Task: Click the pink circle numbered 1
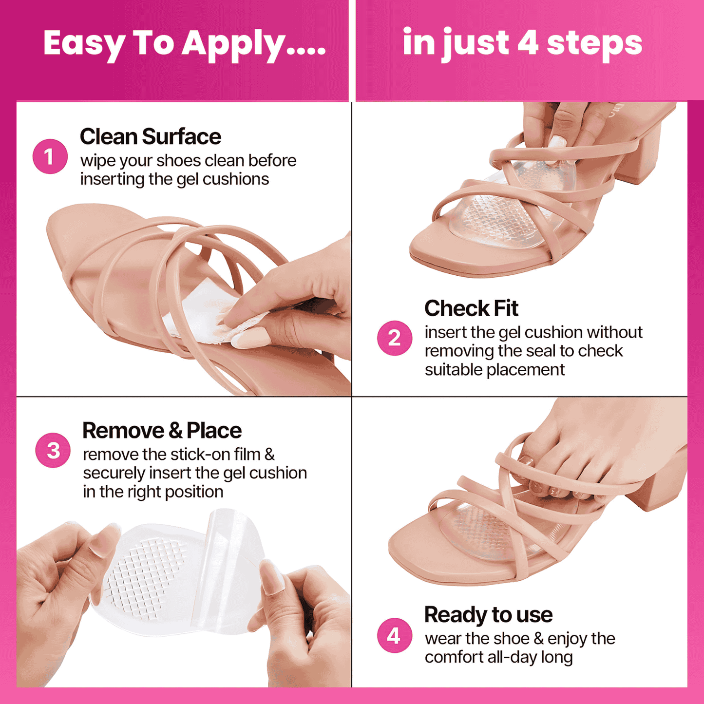point(50,156)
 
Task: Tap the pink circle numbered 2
point(394,338)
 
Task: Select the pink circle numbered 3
point(53,450)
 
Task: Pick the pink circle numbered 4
point(394,636)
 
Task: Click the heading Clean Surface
point(150,136)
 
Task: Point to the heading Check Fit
point(471,308)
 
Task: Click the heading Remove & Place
point(162,431)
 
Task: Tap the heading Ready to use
point(488,614)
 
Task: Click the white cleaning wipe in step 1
point(200,312)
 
